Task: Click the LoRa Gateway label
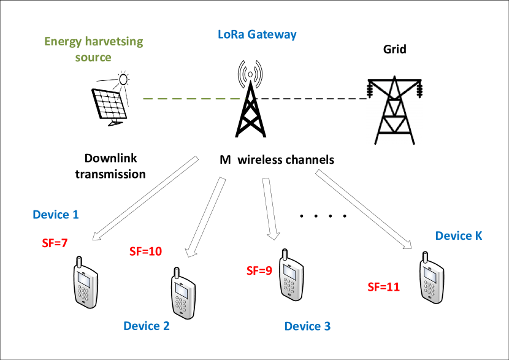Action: [x=257, y=34]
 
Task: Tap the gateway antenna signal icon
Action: [x=250, y=74]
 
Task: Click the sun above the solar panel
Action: [x=124, y=79]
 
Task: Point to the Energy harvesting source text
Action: [x=93, y=49]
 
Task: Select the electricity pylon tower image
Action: [x=394, y=110]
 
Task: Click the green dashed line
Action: [x=194, y=99]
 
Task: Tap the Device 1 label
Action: [x=56, y=215]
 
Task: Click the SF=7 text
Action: [x=55, y=243]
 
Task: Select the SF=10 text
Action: [x=145, y=251]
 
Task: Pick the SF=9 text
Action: [x=259, y=270]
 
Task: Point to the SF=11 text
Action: [x=383, y=286]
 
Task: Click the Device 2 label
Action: [x=147, y=326]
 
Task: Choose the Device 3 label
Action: [x=307, y=326]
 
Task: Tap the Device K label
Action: [x=459, y=236]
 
